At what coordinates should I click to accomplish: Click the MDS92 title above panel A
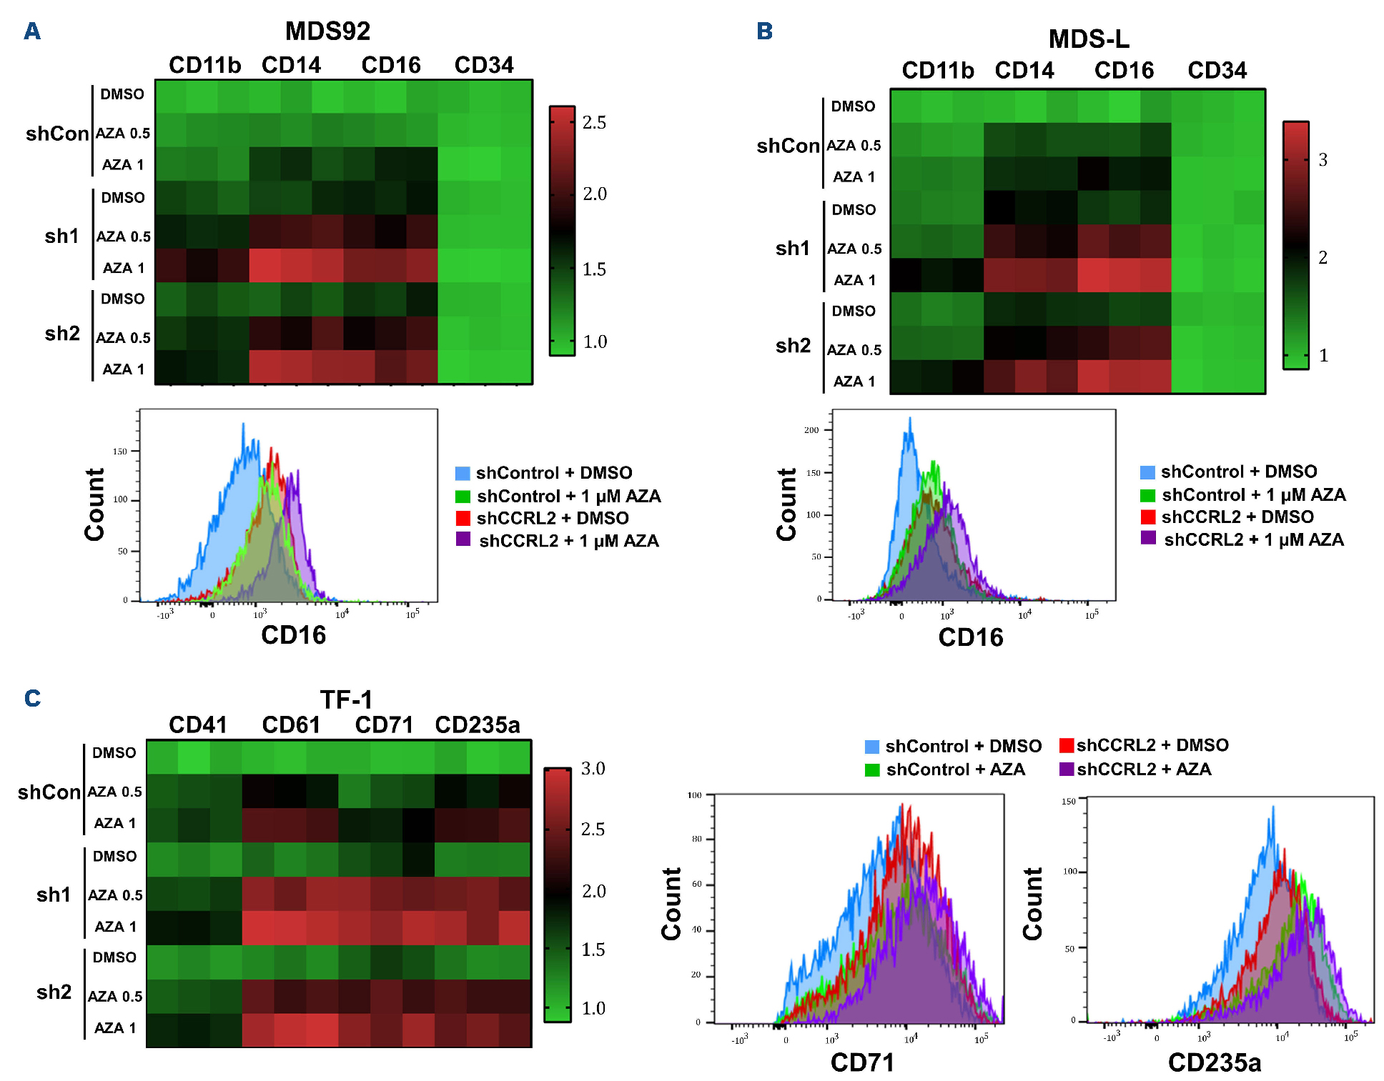pos(327,31)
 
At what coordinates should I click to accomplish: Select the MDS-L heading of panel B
pos(1088,39)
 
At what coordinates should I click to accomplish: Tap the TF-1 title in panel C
pos(346,699)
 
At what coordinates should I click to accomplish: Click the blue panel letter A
pos(32,31)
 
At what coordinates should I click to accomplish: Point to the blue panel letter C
pos(32,698)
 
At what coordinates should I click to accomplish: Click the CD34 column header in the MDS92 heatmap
pos(484,66)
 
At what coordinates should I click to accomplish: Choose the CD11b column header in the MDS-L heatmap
pos(937,71)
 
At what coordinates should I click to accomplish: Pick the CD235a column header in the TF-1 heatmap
pos(477,725)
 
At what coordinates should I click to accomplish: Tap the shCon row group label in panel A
pos(57,134)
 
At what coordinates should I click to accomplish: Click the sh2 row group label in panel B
pos(793,346)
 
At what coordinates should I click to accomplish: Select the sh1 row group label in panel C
pos(54,895)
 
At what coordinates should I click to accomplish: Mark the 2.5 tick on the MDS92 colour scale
pos(594,123)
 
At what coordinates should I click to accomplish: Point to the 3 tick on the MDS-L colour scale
pos(1323,160)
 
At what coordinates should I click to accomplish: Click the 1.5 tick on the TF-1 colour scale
pos(593,950)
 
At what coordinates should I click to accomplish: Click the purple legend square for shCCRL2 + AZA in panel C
pos(1067,769)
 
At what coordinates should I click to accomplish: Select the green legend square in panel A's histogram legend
pos(463,497)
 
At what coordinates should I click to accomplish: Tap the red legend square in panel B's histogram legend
pos(1147,517)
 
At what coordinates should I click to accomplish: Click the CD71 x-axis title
pos(861,1063)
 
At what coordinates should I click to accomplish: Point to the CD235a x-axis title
pos(1214,1063)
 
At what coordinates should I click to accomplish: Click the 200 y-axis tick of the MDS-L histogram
pos(811,430)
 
